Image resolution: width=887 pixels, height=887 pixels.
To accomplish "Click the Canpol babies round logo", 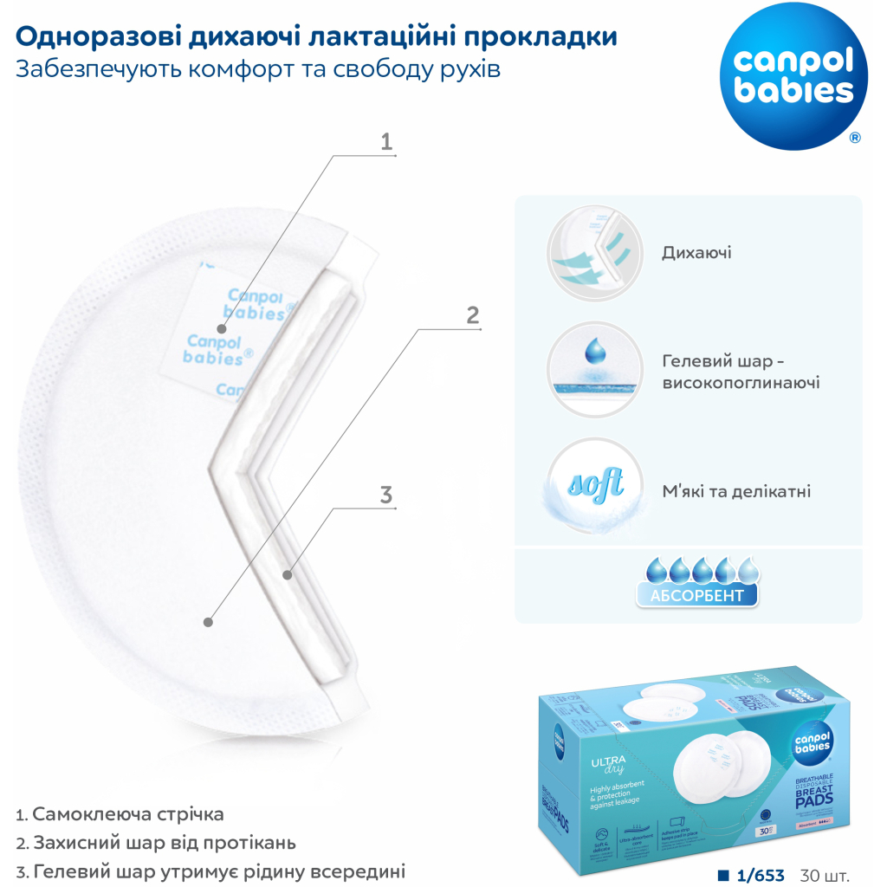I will pos(793,76).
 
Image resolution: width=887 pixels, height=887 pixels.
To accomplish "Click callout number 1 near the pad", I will pos(386,141).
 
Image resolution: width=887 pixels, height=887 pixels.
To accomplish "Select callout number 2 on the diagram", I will pos(472,314).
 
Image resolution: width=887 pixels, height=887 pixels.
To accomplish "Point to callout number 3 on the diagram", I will pos(386,495).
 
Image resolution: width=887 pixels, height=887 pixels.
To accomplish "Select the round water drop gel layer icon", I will pos(593,370).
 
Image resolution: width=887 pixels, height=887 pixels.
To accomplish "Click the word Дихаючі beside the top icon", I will pos(696,253).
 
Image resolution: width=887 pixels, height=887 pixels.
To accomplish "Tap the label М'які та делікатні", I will pos(736,491).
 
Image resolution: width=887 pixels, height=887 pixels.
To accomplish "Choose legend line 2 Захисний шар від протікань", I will pos(156,842).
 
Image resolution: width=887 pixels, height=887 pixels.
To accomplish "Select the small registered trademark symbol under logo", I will pos(855,137).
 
